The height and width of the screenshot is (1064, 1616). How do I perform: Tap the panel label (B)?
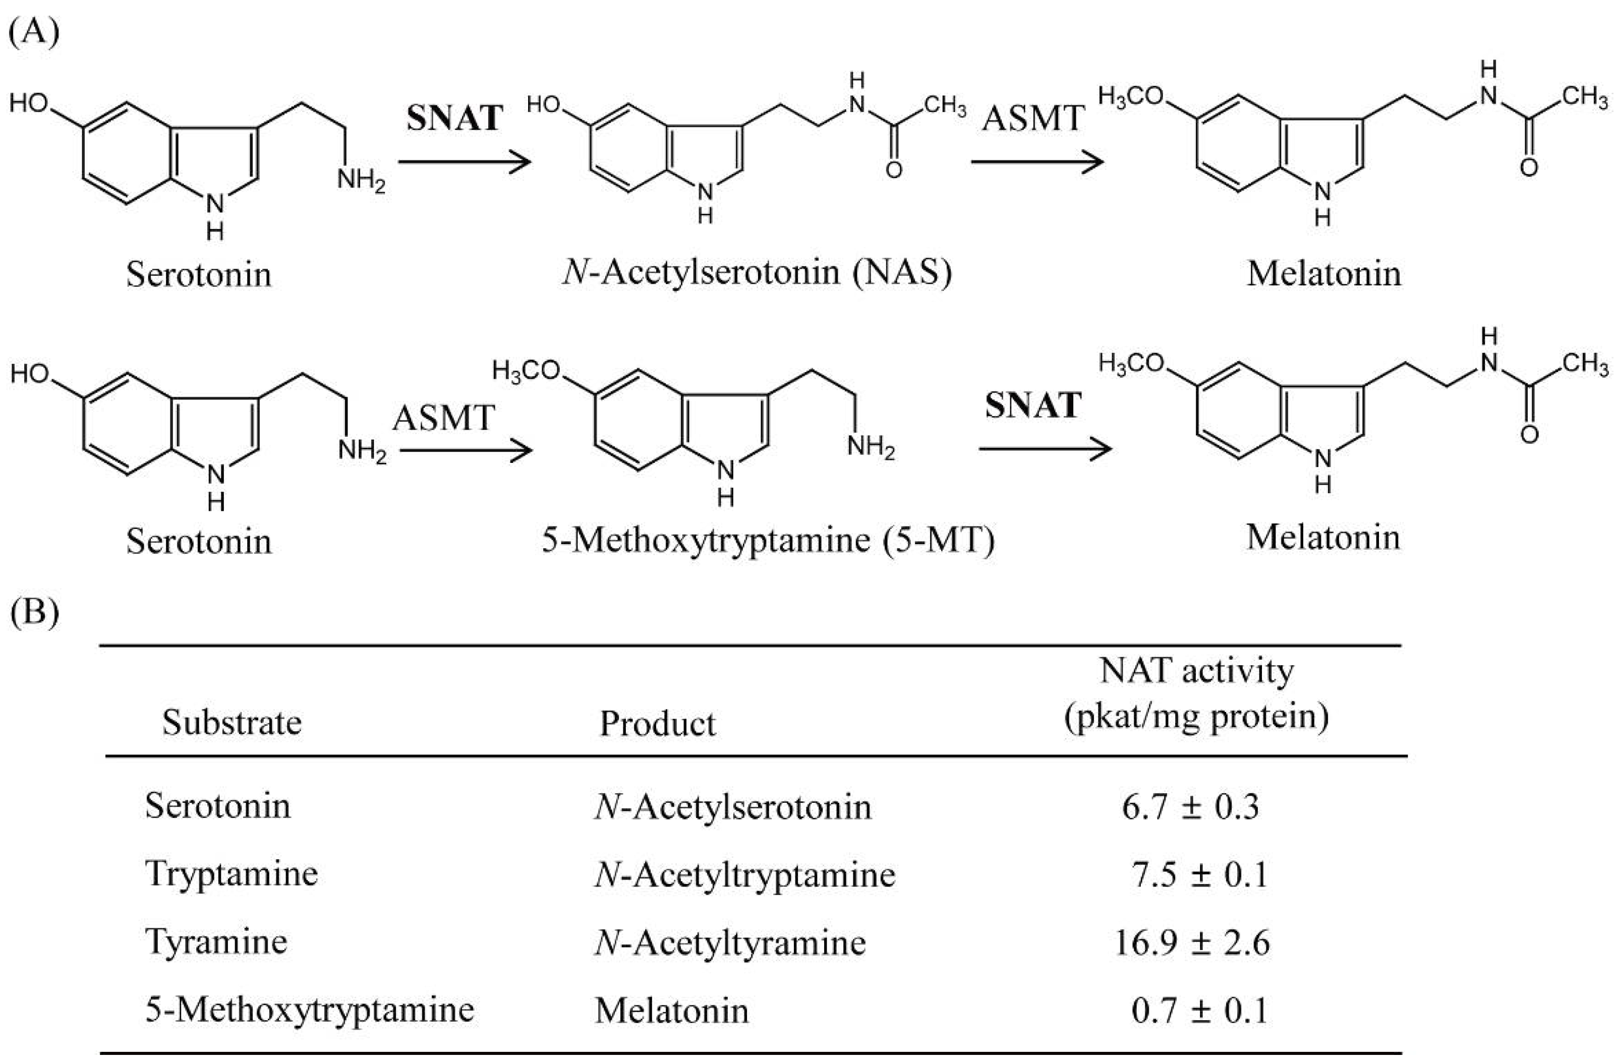point(34,613)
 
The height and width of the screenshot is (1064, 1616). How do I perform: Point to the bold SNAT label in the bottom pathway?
point(1033,405)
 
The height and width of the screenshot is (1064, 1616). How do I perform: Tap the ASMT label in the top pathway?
point(1033,119)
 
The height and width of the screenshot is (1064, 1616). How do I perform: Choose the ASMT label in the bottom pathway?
point(443,418)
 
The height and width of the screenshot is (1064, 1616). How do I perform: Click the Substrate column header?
point(232,722)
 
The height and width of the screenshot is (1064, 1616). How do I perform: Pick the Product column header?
point(657,724)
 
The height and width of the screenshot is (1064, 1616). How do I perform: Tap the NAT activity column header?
point(1196,694)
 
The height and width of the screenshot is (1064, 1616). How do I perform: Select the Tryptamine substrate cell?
point(232,873)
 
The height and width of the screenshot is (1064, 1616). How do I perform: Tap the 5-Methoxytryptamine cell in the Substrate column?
point(310,1010)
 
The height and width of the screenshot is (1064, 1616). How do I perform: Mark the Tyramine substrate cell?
point(216,942)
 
